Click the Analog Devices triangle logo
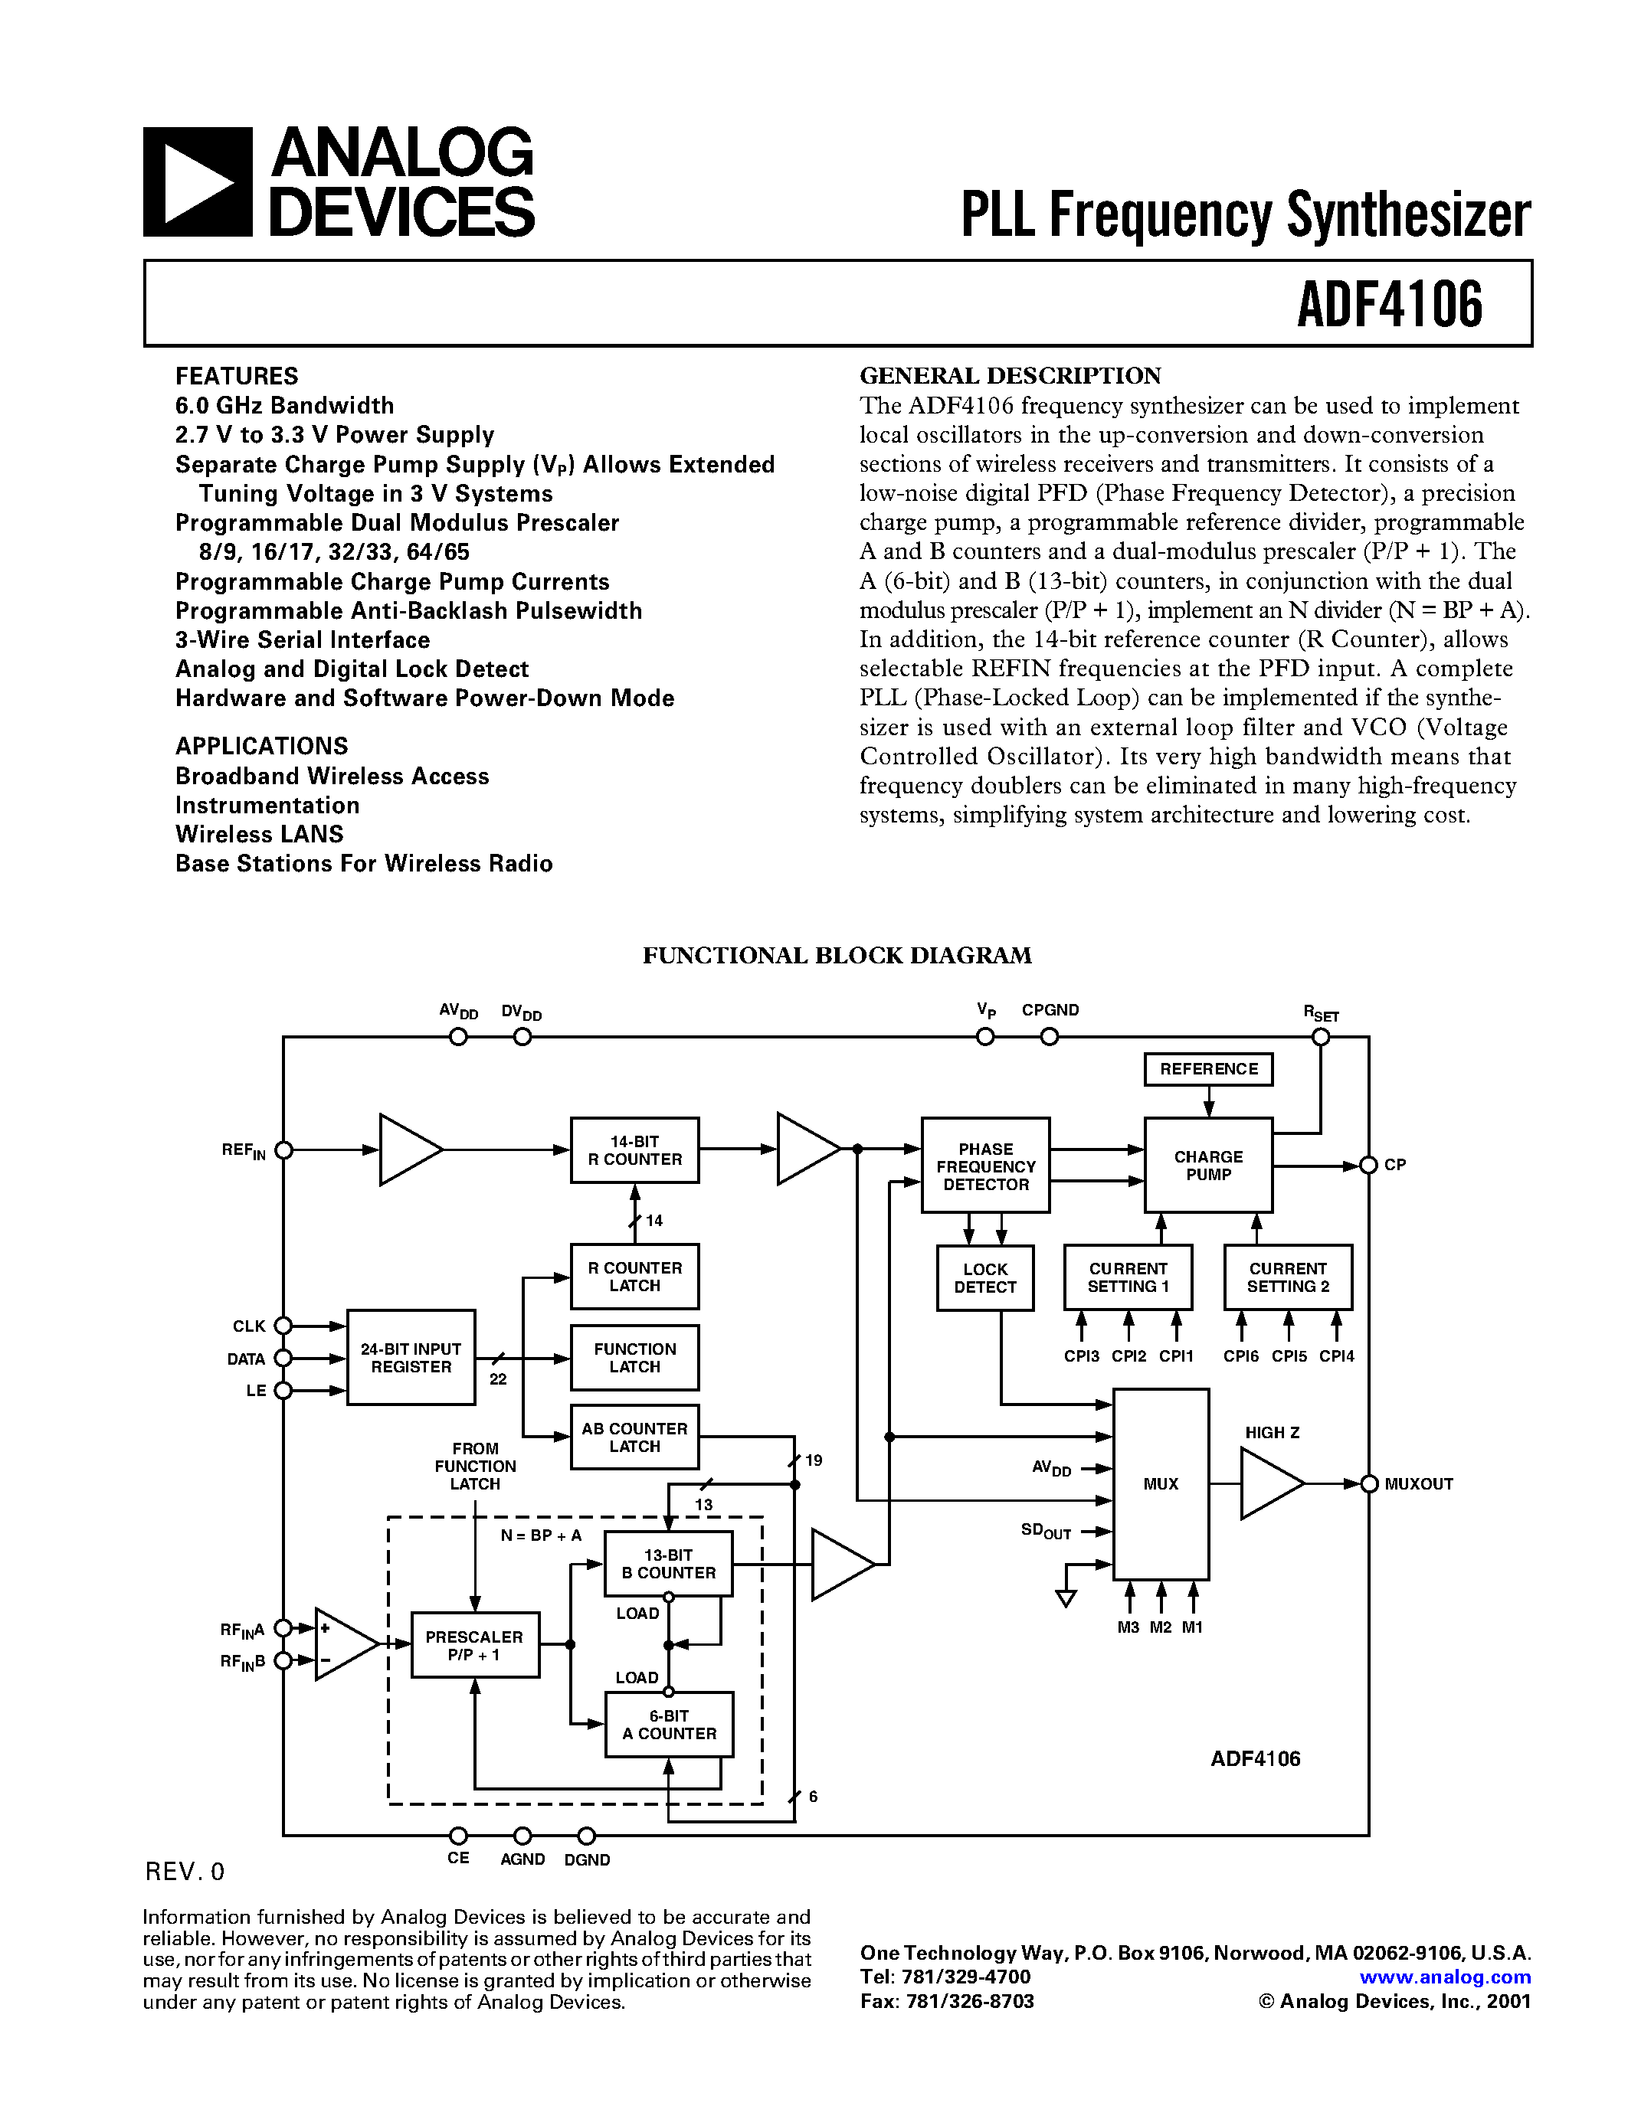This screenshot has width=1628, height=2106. coord(197,182)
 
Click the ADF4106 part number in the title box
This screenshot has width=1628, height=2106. coord(1389,305)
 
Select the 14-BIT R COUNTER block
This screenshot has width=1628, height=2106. coord(634,1150)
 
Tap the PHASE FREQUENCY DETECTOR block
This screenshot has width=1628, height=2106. coord(984,1166)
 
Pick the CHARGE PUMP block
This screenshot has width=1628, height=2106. coord(1207,1166)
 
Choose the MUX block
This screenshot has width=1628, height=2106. coord(1160,1484)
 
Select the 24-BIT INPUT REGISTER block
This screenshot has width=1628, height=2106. coord(411,1358)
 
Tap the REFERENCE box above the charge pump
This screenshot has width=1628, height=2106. coord(1207,1069)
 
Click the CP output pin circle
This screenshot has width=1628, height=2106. coord(1368,1166)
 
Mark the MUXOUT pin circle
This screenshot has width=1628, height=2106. coord(1368,1484)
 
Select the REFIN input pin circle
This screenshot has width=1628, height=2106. coord(283,1150)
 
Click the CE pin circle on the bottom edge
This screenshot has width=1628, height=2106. coord(459,1835)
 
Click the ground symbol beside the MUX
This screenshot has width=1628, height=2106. coord(1066,1597)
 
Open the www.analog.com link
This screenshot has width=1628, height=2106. coord(1445,1977)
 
